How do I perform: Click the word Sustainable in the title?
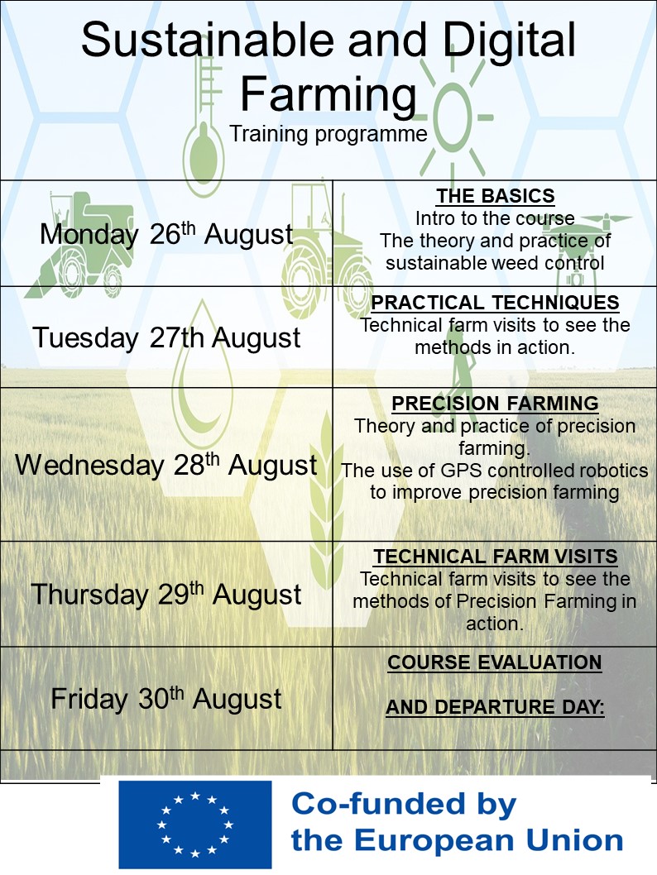click(207, 40)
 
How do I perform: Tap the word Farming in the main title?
click(328, 95)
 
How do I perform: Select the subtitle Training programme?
click(328, 135)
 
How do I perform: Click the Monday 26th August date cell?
click(166, 234)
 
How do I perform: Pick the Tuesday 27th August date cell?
click(166, 337)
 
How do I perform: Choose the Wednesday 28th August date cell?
click(166, 465)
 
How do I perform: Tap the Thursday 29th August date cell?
click(166, 594)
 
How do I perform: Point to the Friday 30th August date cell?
click(166, 699)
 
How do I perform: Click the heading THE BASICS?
click(495, 196)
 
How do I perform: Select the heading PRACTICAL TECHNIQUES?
click(495, 303)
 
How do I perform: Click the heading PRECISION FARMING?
click(495, 404)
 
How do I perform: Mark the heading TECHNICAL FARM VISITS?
click(495, 557)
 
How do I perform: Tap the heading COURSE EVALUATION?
click(495, 662)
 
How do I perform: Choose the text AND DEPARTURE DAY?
click(495, 707)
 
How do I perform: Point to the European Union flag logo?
click(195, 824)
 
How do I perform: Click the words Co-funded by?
click(404, 804)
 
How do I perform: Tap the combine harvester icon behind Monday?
click(84, 244)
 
